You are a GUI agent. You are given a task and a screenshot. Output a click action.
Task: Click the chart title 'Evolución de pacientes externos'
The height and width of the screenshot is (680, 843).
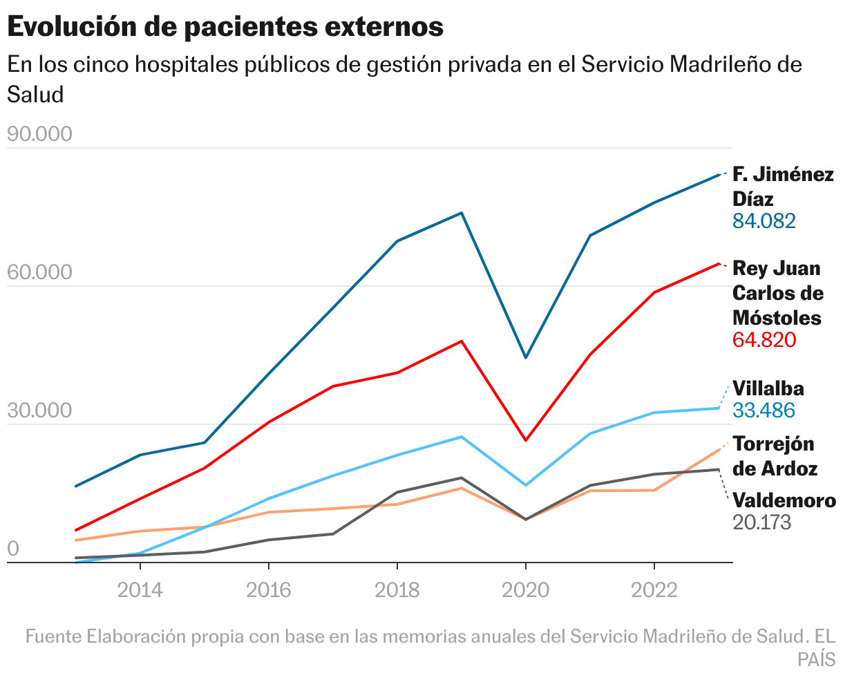pos(225,26)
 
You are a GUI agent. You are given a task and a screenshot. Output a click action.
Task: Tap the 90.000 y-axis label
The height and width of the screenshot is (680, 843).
pos(39,134)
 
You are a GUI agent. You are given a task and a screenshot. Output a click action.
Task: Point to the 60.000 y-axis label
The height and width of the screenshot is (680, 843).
pos(39,272)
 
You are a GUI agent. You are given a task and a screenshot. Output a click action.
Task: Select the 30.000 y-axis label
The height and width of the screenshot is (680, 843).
pos(39,410)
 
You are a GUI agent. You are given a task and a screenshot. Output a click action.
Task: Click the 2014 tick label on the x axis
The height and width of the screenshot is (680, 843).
pos(140,589)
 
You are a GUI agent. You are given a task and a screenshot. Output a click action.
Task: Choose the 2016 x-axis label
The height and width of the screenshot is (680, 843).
pos(269,589)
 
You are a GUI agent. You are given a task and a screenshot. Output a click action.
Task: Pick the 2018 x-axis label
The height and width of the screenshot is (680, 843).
pos(397,589)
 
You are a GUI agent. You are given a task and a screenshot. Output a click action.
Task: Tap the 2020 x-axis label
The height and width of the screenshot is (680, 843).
pos(525,589)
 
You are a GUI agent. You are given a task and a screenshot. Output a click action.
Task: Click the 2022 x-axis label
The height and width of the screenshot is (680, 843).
pos(654,589)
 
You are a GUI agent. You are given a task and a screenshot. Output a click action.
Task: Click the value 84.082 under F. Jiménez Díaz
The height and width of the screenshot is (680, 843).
pos(764,221)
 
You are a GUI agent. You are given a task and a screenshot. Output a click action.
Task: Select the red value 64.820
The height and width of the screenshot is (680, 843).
pos(764,340)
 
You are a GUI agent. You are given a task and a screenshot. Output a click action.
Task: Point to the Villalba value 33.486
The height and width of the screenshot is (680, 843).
pos(764,410)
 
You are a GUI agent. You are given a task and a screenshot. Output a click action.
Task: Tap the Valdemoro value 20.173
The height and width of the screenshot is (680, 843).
pos(761,522)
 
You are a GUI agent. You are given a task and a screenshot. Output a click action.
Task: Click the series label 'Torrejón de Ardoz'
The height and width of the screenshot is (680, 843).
pos(775,455)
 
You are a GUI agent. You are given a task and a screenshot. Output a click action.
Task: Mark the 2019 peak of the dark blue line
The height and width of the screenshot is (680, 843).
pos(462,213)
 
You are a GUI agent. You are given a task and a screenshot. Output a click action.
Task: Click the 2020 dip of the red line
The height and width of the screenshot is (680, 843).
pos(525,440)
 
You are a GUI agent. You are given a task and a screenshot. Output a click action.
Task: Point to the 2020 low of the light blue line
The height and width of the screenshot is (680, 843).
pos(525,485)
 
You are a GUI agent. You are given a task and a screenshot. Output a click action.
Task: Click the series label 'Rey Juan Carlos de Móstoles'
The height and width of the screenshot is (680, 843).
pos(777,292)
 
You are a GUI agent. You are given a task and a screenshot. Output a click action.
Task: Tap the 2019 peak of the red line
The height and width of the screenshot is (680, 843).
pos(462,341)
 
